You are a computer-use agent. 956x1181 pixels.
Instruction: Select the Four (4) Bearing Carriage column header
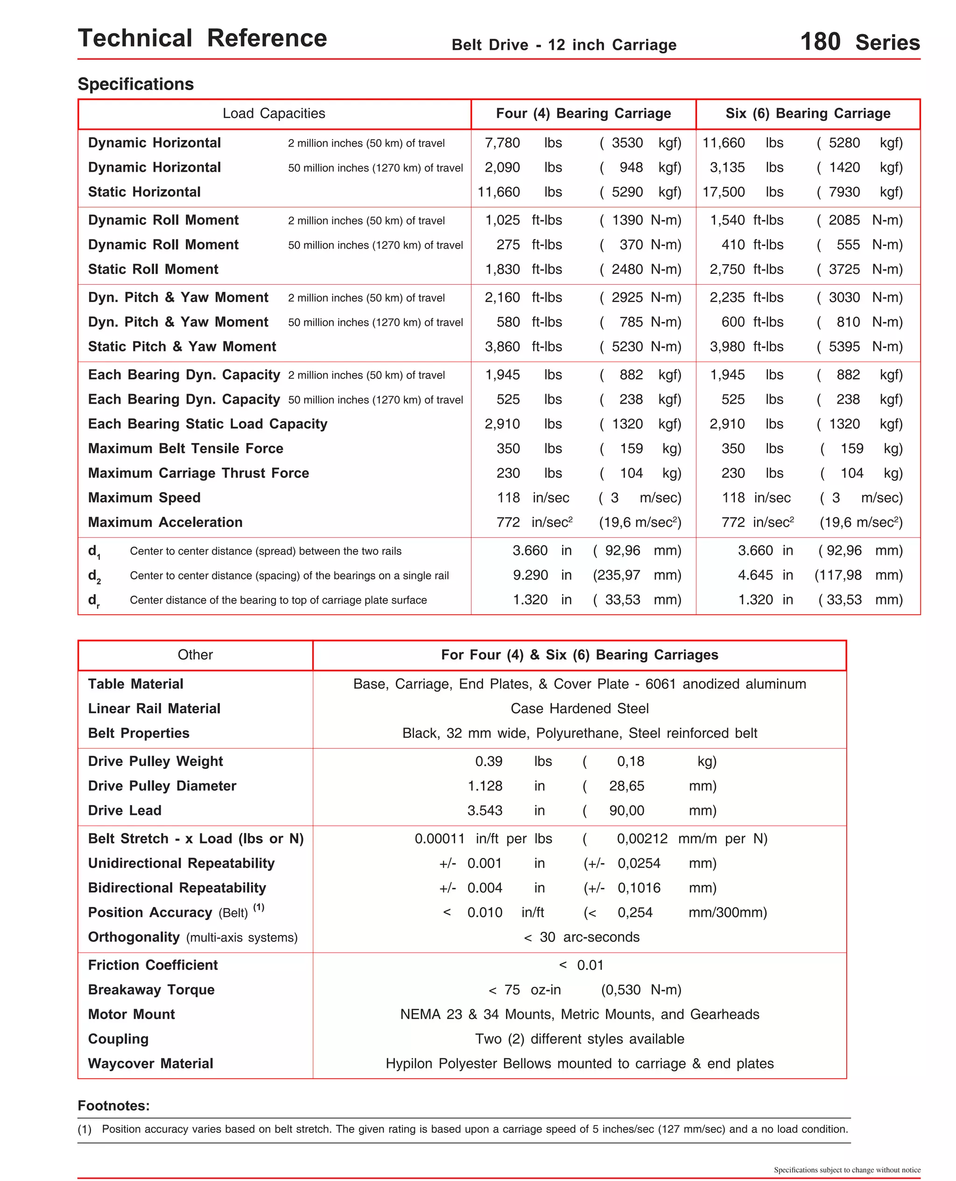coord(583,113)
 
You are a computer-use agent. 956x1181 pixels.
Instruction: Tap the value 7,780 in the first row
coord(502,143)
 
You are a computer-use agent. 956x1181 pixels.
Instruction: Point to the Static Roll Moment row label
coord(153,269)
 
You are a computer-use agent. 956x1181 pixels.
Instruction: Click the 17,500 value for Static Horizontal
coord(723,192)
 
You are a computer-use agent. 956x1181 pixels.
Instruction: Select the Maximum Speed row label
coord(144,498)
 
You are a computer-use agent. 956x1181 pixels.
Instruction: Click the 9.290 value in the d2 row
coord(530,576)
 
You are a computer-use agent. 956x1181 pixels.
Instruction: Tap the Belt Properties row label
coord(139,733)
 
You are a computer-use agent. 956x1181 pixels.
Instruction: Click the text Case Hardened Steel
coord(579,709)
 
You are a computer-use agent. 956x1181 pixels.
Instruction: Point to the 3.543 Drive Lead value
coord(485,810)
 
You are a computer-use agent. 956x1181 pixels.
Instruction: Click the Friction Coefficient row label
coord(153,965)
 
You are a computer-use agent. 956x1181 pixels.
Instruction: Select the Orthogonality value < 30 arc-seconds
coord(582,937)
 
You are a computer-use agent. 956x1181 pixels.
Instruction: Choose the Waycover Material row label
coord(150,1063)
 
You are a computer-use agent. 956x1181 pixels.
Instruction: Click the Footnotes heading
coord(113,1105)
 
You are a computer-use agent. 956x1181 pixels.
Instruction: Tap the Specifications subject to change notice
coord(846,1170)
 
